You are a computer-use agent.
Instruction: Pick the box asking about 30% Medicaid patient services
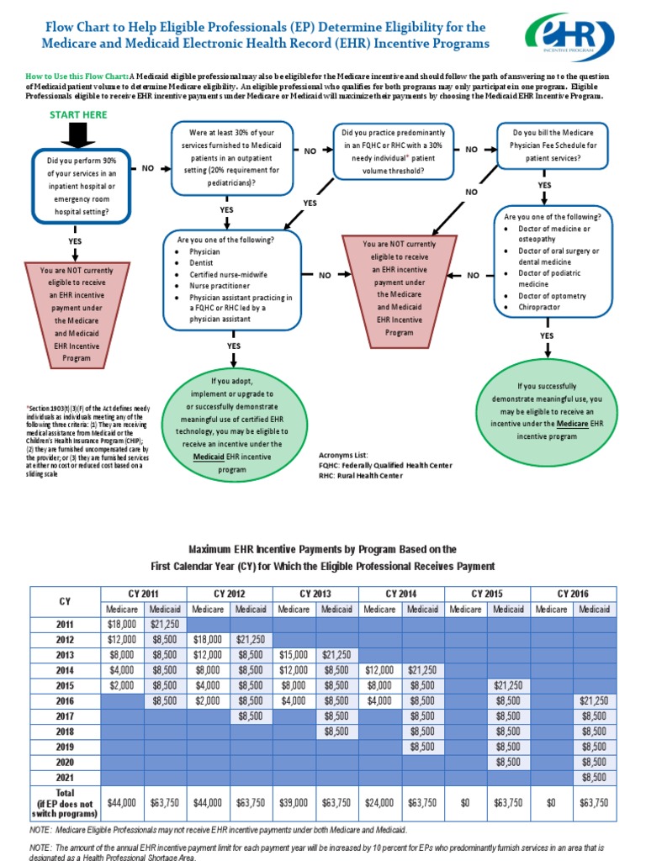[226, 156]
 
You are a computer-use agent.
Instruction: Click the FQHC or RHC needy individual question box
[394, 151]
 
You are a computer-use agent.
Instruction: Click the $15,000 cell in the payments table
[294, 654]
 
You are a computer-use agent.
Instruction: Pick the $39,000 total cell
[294, 802]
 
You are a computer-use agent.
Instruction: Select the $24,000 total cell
[380, 802]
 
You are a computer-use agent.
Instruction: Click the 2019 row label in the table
[65, 746]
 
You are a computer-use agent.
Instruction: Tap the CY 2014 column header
[401, 594]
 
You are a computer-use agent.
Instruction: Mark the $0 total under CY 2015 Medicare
[466, 802]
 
